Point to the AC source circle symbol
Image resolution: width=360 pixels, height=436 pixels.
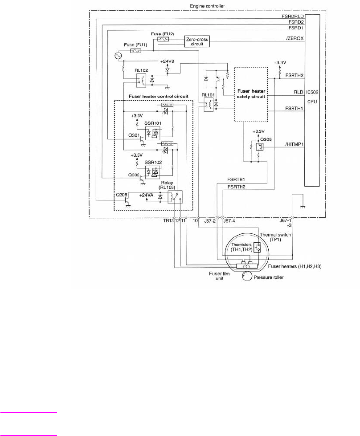[119, 56]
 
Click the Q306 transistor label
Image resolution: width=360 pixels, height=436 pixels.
[122, 195]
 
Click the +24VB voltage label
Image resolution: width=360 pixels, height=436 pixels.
[168, 60]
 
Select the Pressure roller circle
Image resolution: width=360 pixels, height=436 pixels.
[247, 277]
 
